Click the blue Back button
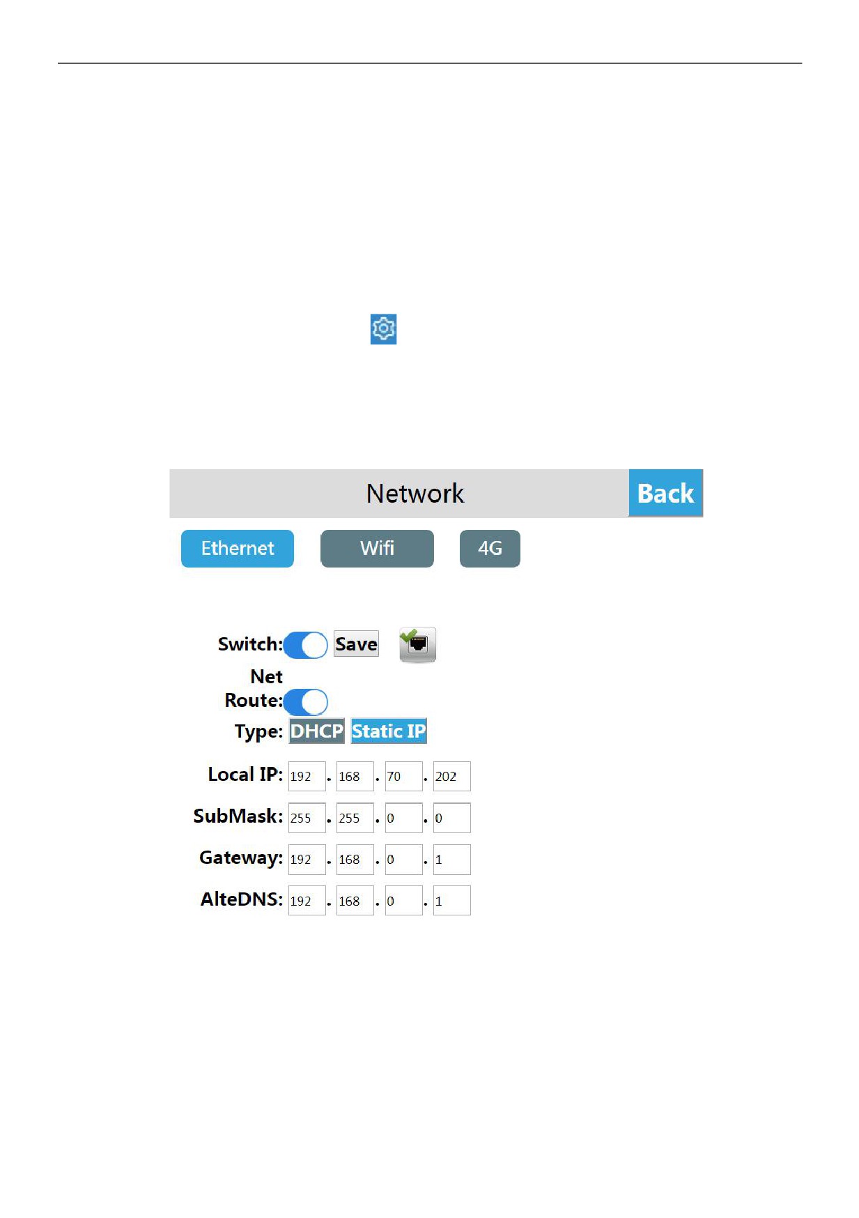click(x=665, y=493)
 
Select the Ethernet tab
click(x=238, y=549)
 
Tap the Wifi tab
click(x=377, y=549)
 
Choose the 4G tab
click(x=490, y=549)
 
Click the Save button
click(x=356, y=644)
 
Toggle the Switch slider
click(x=305, y=645)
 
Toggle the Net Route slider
click(x=305, y=702)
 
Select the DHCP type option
click(x=317, y=731)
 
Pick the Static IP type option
click(x=389, y=731)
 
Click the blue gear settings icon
click(x=383, y=329)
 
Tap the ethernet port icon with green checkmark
click(x=417, y=644)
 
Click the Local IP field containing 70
click(x=403, y=776)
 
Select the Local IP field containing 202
click(x=451, y=776)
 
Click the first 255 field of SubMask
click(x=307, y=818)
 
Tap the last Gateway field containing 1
click(x=451, y=860)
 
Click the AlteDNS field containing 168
click(x=355, y=901)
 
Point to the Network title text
click(x=415, y=494)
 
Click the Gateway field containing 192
click(x=307, y=860)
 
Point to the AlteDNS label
click(x=242, y=899)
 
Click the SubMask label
click(x=238, y=816)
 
